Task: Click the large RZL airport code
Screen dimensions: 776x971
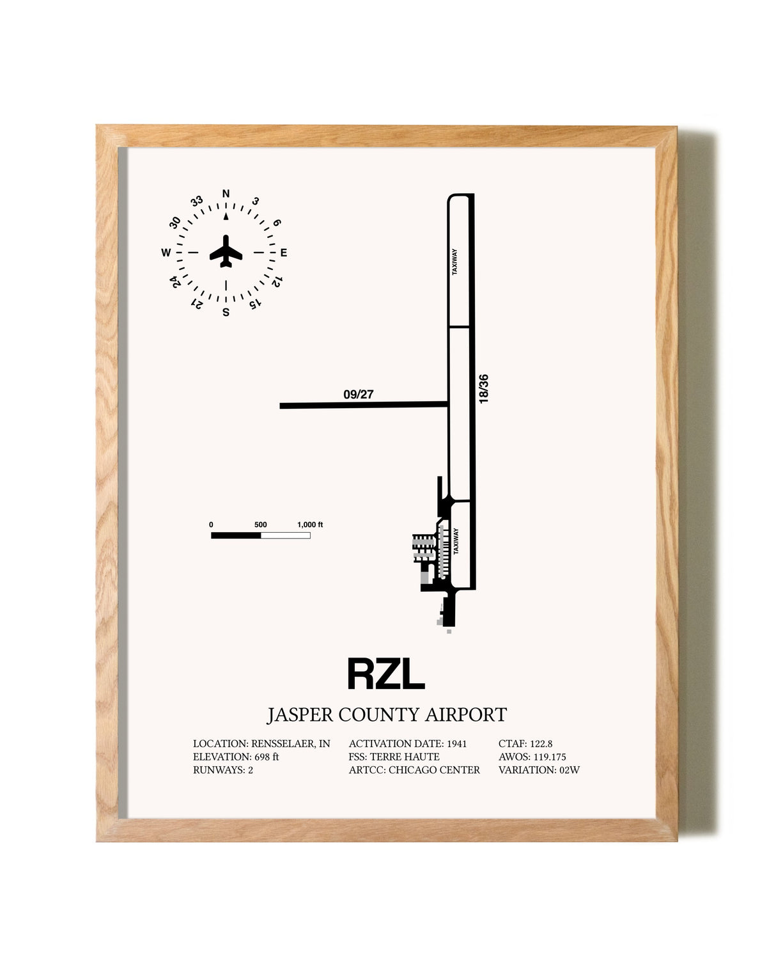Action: pos(386,674)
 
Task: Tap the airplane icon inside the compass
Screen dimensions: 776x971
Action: pos(226,251)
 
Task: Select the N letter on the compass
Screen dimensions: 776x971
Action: pos(226,194)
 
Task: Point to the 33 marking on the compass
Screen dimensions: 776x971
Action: pos(197,201)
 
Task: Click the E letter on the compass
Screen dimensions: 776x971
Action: pos(284,253)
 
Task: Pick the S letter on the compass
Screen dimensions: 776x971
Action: pos(226,312)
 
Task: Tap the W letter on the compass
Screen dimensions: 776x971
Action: pos(166,253)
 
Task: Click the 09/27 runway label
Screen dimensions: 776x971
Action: pos(359,395)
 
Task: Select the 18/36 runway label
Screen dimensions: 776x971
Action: pos(483,389)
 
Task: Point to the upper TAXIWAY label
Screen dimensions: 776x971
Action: pos(454,262)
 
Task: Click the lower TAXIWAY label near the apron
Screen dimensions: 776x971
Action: pos(455,541)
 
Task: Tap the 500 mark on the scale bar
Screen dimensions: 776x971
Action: pos(261,525)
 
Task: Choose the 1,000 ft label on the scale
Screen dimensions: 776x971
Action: pos(310,525)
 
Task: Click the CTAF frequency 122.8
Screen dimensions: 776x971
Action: pos(541,743)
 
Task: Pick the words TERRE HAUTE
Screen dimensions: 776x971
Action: pos(405,757)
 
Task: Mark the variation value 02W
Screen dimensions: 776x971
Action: pos(570,770)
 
